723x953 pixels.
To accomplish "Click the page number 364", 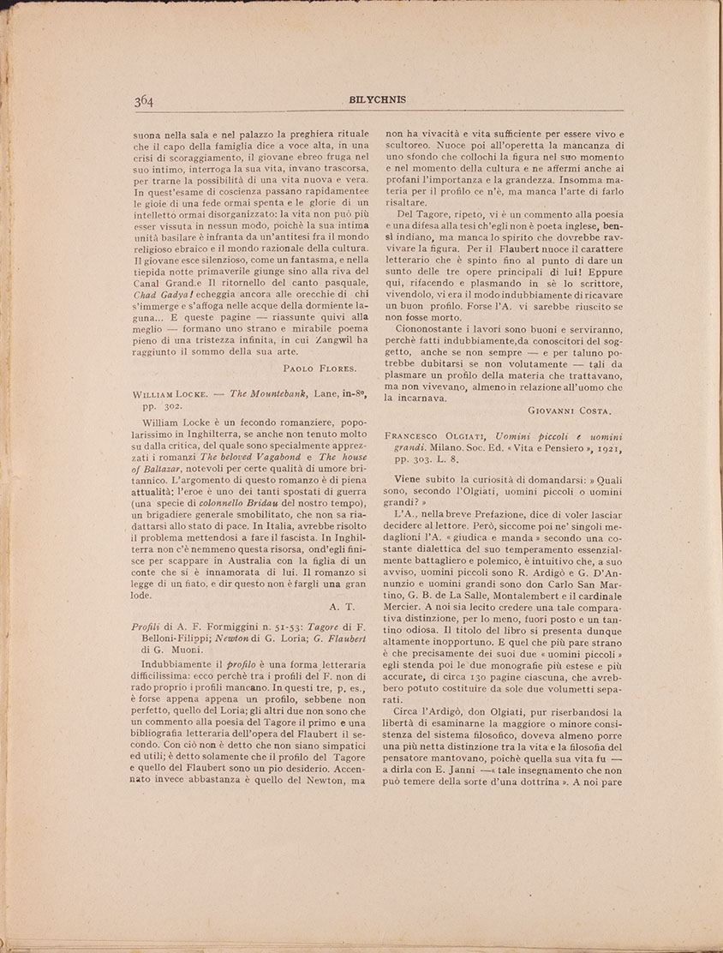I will coord(143,101).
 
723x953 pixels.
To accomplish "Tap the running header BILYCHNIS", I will coord(377,99).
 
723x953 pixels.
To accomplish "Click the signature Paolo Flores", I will coord(319,368).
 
